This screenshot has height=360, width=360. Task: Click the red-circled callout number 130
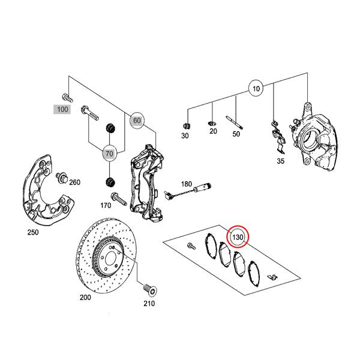(x=238, y=238)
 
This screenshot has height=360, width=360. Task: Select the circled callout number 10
(x=256, y=89)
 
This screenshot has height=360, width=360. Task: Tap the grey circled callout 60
(x=137, y=121)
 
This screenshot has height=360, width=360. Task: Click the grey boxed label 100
(x=62, y=110)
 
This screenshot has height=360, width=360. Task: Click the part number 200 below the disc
(x=85, y=297)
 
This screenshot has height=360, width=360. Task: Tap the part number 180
(x=187, y=184)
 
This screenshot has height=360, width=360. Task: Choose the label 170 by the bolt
(x=106, y=206)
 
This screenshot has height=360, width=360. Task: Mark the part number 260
(x=74, y=182)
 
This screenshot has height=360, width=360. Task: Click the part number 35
(x=280, y=161)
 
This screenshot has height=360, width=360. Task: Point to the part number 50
(x=236, y=134)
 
